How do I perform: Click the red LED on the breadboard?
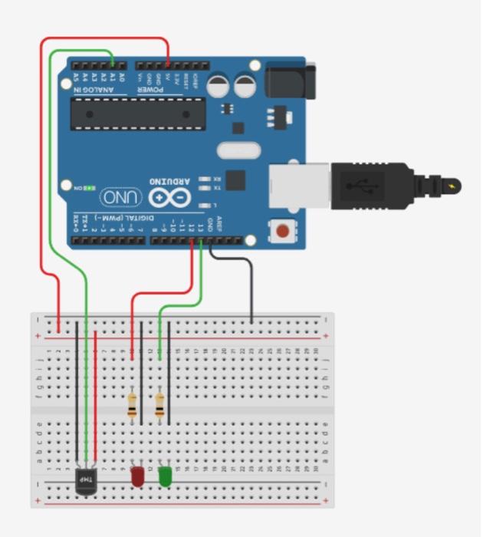click(137, 476)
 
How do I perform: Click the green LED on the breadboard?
click(165, 477)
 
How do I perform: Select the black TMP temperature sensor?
click(86, 481)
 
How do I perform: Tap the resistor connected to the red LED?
click(132, 406)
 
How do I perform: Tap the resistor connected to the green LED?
click(159, 406)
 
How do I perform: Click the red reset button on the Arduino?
click(283, 230)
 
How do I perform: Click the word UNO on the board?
click(122, 197)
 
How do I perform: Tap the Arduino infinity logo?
click(169, 197)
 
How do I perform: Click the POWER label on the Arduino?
click(150, 90)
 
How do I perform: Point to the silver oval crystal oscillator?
click(240, 150)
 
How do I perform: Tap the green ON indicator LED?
click(90, 187)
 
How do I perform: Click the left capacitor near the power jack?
click(218, 84)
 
